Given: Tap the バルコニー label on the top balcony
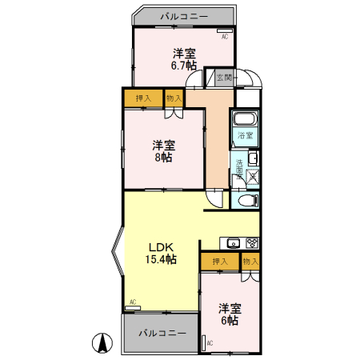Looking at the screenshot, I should (x=184, y=15).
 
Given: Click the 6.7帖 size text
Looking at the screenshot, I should (x=185, y=66).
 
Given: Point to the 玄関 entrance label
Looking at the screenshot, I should (x=224, y=78).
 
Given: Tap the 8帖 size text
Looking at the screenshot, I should (x=164, y=158).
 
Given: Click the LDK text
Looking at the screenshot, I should (x=159, y=246).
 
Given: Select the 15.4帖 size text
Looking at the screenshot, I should (x=161, y=260).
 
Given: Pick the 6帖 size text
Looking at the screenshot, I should (x=230, y=320).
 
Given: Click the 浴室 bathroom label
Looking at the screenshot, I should (x=246, y=136).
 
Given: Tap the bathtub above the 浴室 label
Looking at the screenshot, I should (x=246, y=121).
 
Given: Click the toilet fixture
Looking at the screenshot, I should (x=246, y=199).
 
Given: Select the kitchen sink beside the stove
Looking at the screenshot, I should (x=234, y=242).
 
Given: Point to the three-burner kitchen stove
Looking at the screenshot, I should (x=250, y=242).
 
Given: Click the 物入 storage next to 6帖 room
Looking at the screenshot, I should (x=250, y=261).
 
